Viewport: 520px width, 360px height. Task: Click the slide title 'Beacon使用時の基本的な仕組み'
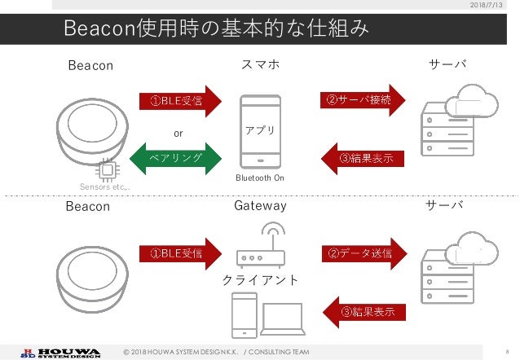click(x=215, y=29)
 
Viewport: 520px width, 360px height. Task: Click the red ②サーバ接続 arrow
click(x=363, y=100)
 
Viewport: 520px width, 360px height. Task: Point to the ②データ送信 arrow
click(x=363, y=253)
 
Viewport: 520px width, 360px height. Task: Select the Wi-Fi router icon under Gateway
click(x=260, y=249)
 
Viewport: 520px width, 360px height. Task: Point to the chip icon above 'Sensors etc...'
click(x=105, y=170)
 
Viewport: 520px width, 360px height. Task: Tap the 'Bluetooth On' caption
click(x=260, y=178)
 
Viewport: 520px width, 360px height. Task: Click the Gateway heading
click(x=260, y=206)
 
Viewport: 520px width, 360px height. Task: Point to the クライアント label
click(x=260, y=280)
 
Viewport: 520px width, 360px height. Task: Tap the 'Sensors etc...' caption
click(x=104, y=187)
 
